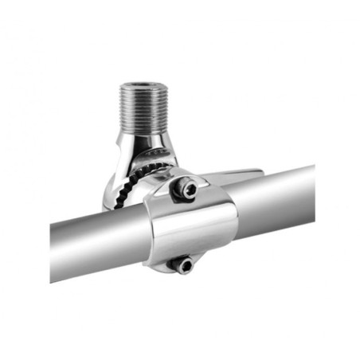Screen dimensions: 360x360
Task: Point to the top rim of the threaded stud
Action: click(x=143, y=84)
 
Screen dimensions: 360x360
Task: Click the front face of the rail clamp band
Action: click(x=191, y=227)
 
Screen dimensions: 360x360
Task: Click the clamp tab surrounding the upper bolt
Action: click(x=177, y=188)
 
